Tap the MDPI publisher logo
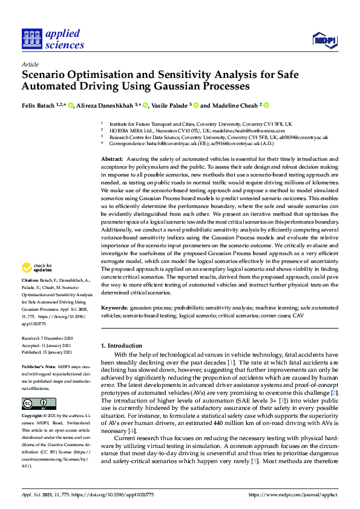[x=323, y=40]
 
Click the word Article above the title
[x=30, y=64]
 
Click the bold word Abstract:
[x=113, y=158]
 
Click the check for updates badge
[x=36, y=268]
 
